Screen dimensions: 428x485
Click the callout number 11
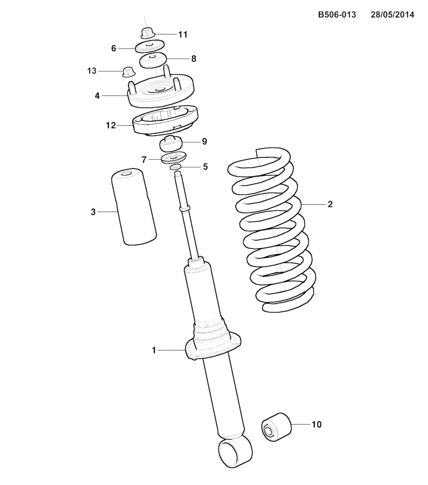click(x=183, y=34)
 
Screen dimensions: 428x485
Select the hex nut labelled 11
click(x=147, y=33)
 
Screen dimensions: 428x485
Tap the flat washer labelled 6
click(x=150, y=46)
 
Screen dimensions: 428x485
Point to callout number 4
click(x=97, y=96)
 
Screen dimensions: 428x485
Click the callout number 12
click(x=111, y=126)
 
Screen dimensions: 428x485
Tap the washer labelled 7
click(x=174, y=158)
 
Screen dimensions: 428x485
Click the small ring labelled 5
click(x=176, y=167)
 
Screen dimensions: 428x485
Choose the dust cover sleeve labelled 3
click(x=134, y=207)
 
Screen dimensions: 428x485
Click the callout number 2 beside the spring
click(x=330, y=204)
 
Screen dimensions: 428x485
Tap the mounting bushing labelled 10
click(x=276, y=426)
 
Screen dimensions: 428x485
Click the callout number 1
click(x=154, y=350)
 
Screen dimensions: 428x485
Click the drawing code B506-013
click(x=337, y=15)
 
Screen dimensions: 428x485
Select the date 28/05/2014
click(x=392, y=15)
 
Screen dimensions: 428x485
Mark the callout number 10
click(x=317, y=424)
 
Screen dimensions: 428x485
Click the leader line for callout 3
click(x=108, y=212)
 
